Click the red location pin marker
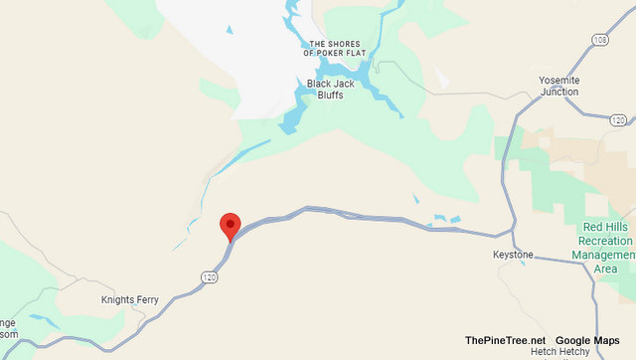pyautogui.click(x=231, y=225)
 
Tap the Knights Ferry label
pyautogui.click(x=129, y=299)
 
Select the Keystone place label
pyautogui.click(x=514, y=256)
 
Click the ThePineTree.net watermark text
pyautogui.click(x=504, y=341)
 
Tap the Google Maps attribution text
pyautogui.click(x=587, y=341)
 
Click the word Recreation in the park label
pyautogui.click(x=606, y=242)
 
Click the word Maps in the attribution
pyautogui.click(x=604, y=341)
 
